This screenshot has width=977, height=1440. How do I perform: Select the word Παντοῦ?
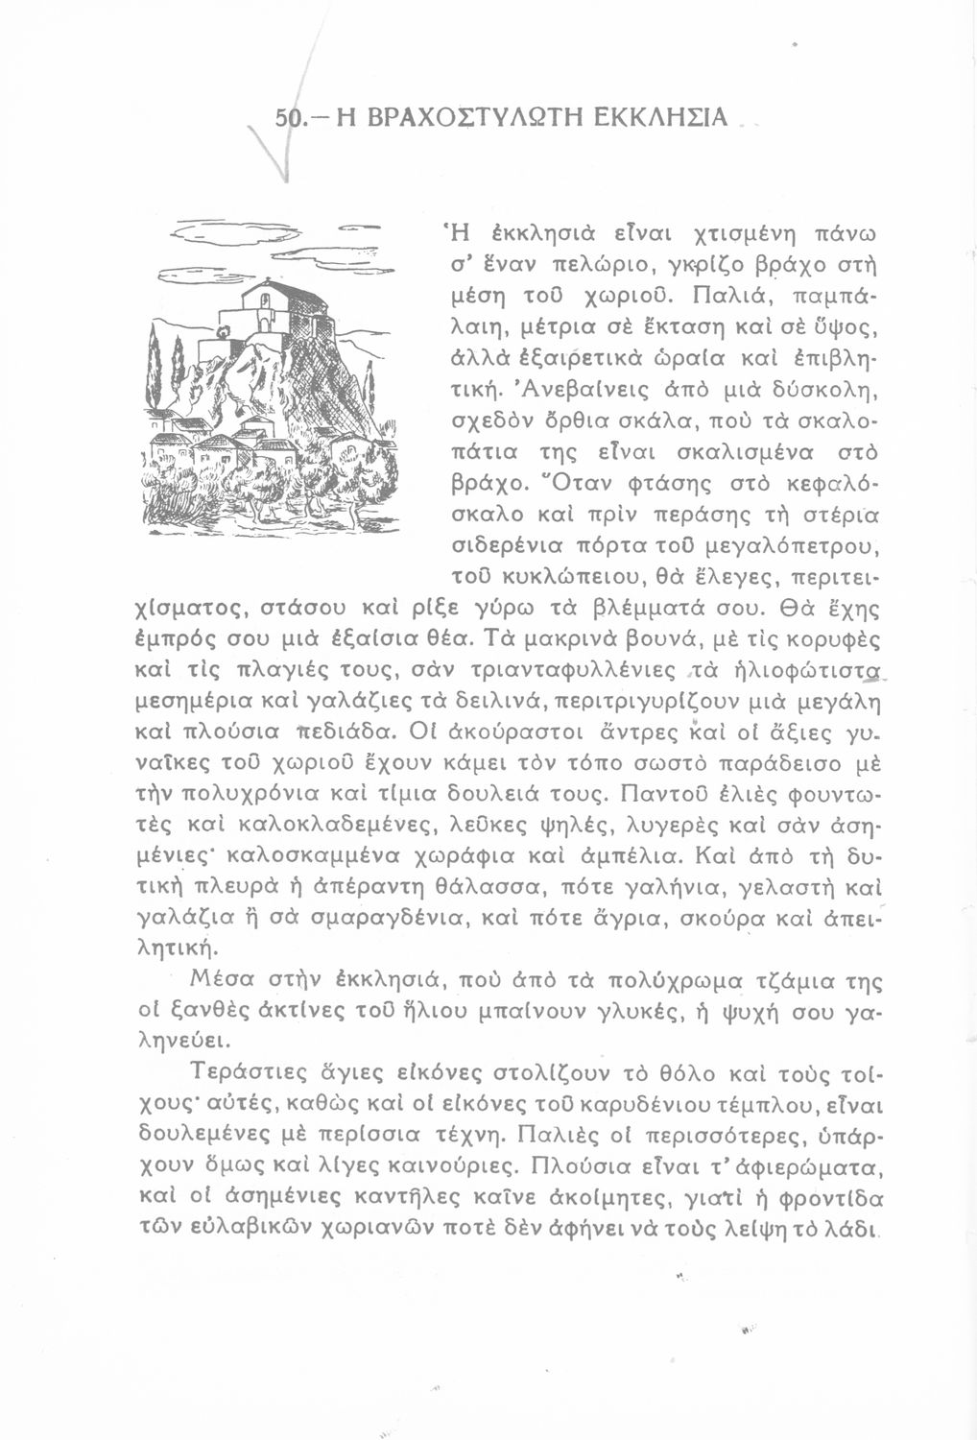(660, 794)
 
